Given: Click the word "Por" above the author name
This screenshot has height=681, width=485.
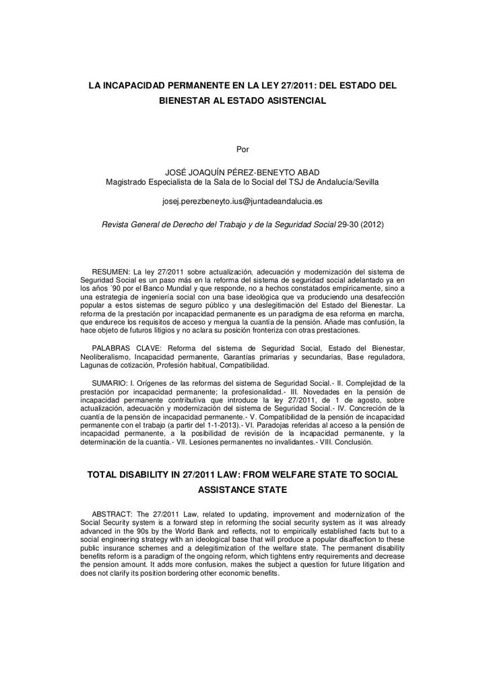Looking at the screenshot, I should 243,149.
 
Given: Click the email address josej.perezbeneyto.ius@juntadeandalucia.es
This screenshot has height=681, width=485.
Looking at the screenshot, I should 243,201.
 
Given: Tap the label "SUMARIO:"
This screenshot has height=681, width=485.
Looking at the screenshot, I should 109,382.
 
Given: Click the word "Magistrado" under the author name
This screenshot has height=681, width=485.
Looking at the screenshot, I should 127,182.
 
